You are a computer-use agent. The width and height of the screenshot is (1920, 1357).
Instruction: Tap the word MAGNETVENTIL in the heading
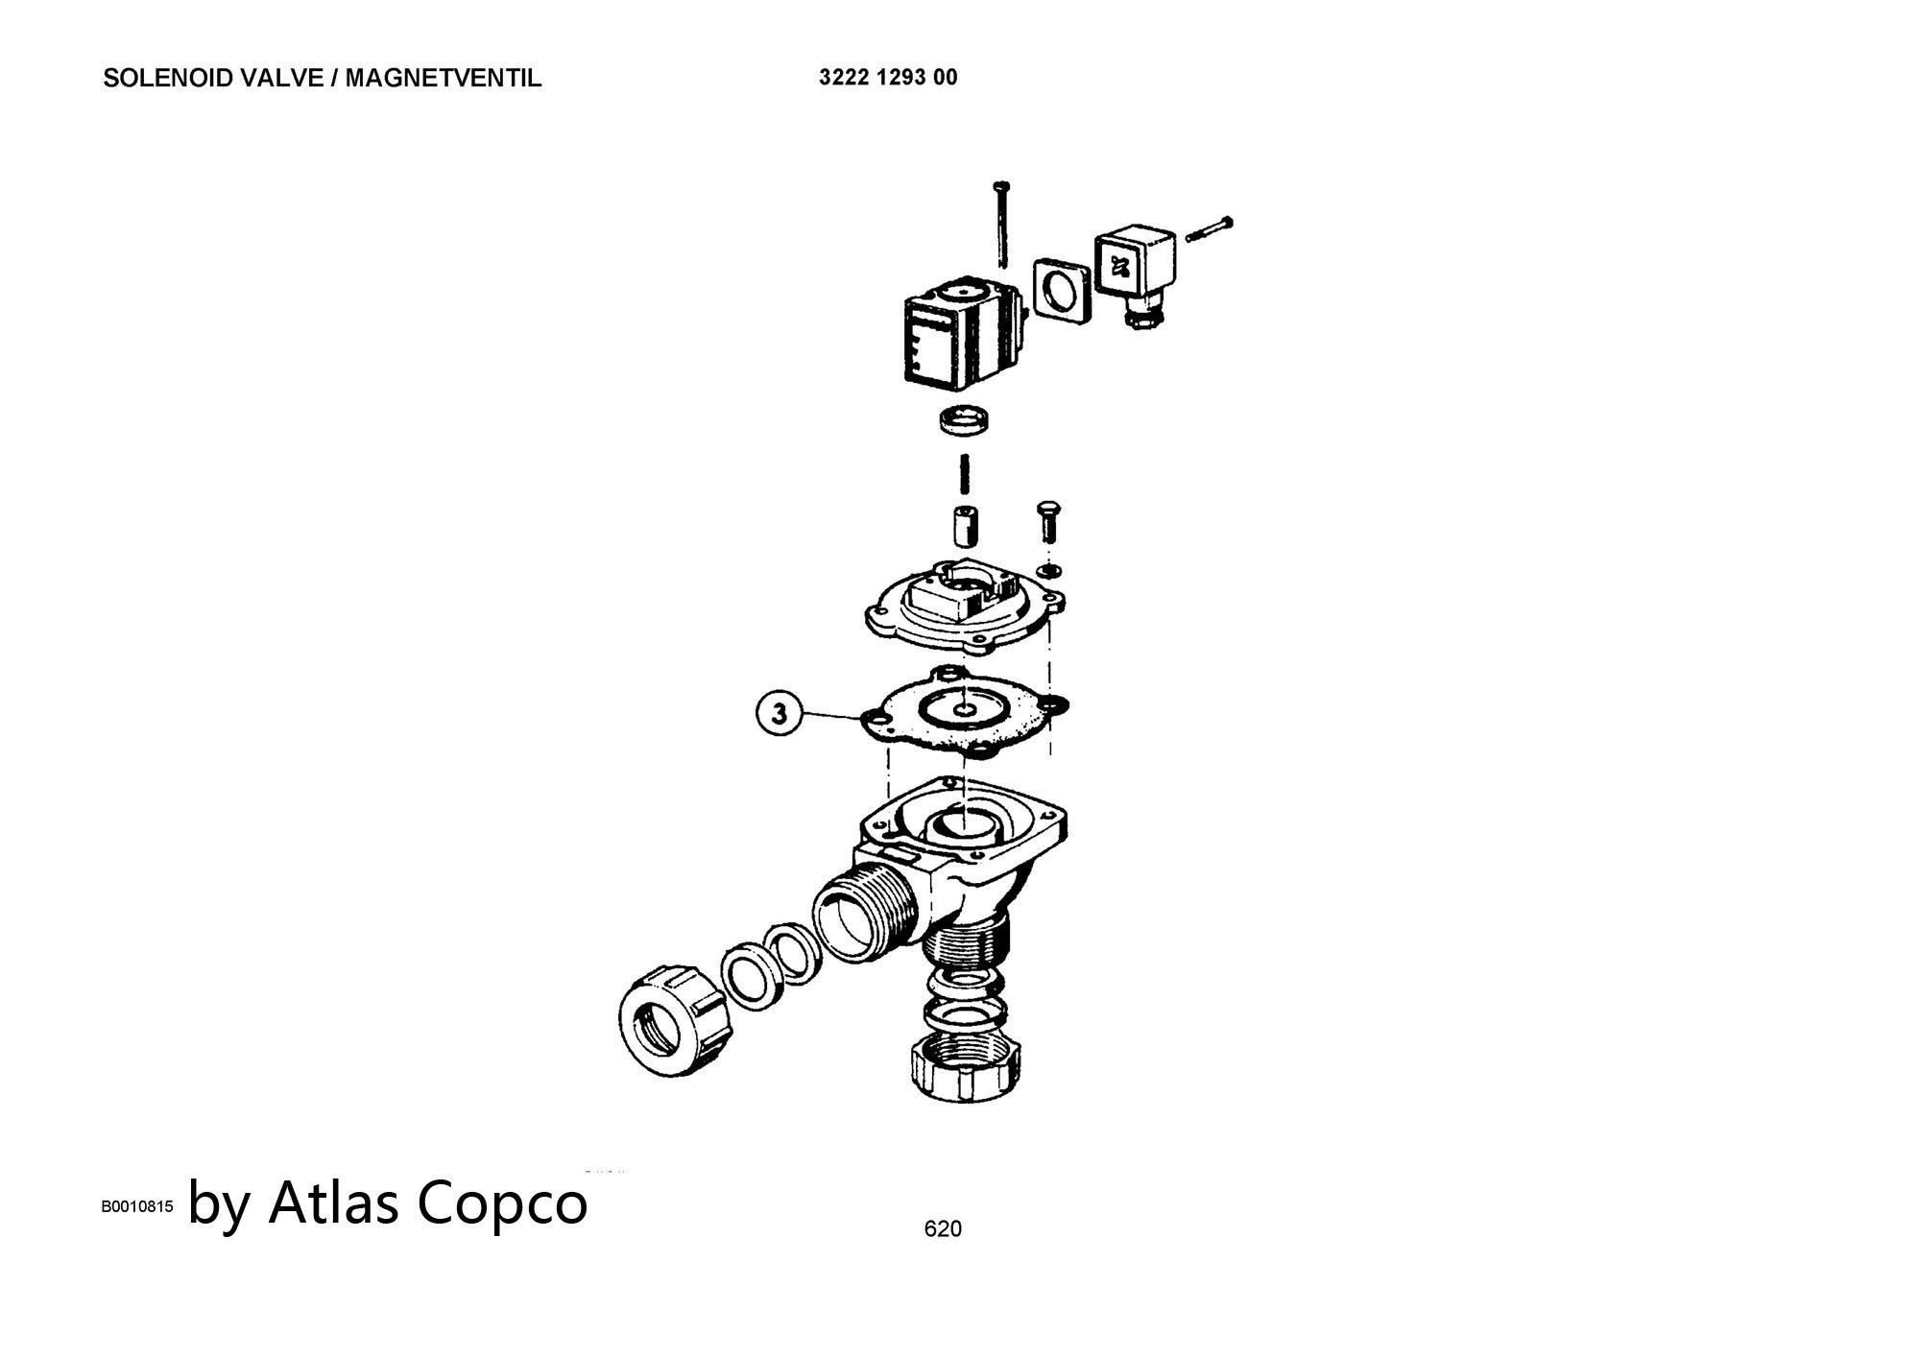[x=444, y=79]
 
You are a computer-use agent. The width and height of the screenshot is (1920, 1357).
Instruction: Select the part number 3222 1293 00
[x=888, y=78]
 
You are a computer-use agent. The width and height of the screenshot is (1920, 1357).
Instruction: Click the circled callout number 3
[x=780, y=714]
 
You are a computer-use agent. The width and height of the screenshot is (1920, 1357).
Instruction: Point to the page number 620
[x=943, y=1229]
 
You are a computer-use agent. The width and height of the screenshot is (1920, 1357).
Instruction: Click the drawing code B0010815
[x=137, y=1207]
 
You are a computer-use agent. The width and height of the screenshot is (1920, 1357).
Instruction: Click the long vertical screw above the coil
[x=1003, y=223]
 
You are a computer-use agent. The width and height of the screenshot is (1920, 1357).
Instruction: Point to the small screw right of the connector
[x=1210, y=229]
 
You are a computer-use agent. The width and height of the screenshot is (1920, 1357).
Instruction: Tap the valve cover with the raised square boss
[x=965, y=605]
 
